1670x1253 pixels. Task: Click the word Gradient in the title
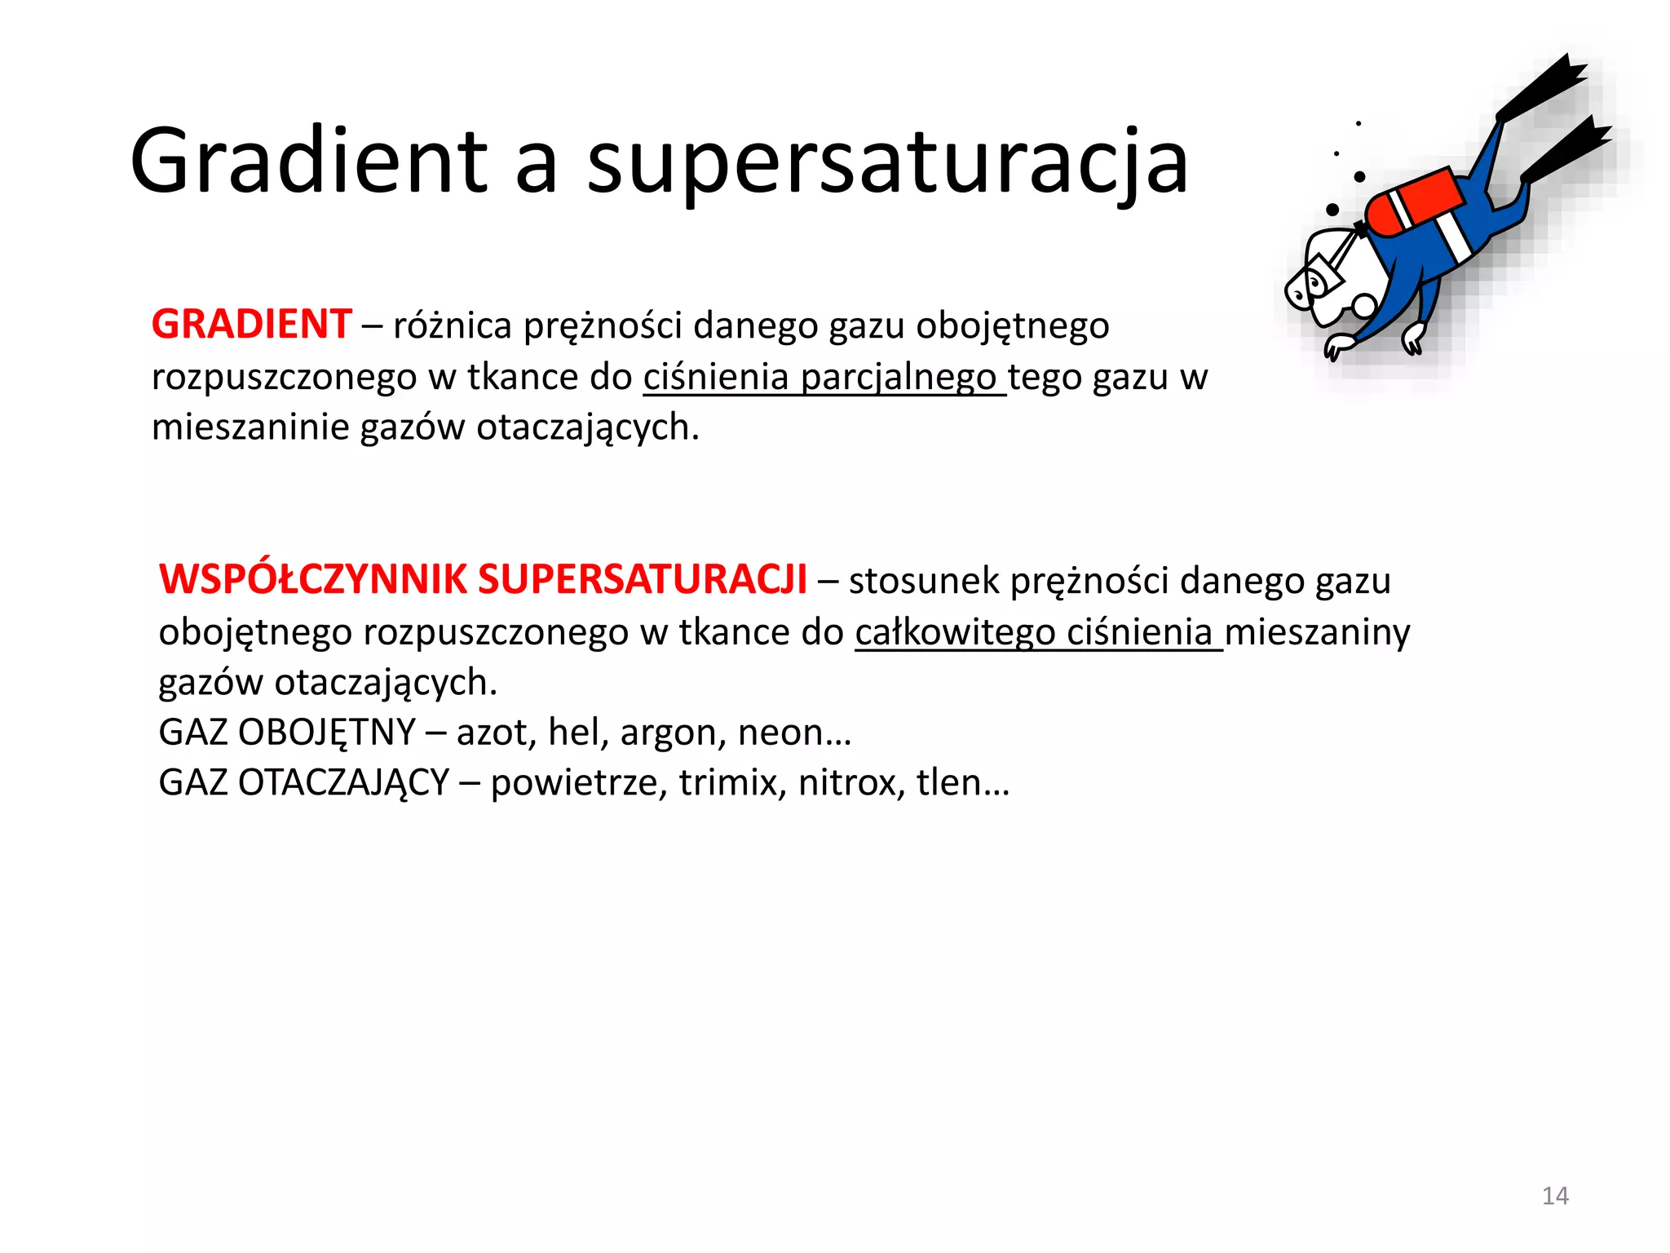tap(308, 162)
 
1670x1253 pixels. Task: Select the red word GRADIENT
tap(251, 325)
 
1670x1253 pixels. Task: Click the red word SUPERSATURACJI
tap(642, 580)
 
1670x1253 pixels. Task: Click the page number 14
tap(1554, 1196)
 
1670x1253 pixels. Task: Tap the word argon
tap(673, 733)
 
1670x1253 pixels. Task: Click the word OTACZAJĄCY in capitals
tap(343, 782)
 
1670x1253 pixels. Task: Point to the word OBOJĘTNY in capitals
tap(327, 733)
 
